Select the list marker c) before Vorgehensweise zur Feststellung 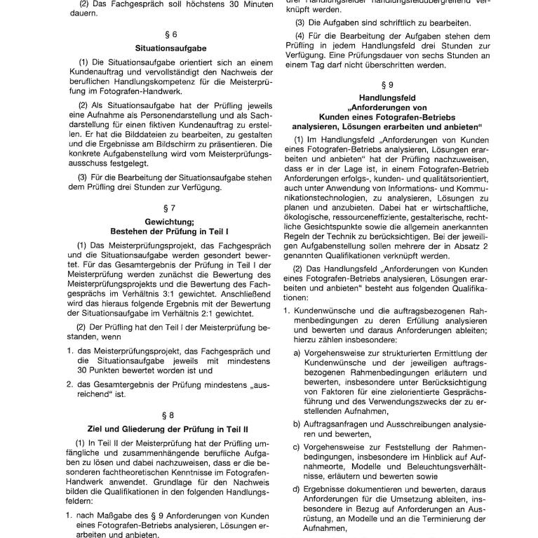point(297,448)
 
